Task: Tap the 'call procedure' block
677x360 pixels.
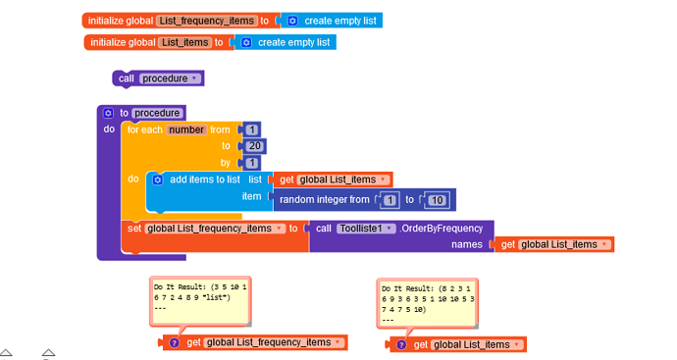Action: click(127, 78)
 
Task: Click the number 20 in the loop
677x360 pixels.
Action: click(255, 146)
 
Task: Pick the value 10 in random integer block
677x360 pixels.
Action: click(438, 200)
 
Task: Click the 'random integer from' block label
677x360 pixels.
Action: click(324, 200)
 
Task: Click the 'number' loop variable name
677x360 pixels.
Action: click(186, 129)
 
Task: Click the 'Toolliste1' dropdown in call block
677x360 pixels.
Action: click(366, 229)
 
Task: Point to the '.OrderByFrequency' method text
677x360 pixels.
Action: click(442, 229)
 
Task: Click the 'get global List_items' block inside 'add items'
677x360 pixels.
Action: click(335, 180)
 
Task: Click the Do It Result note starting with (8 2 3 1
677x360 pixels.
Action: click(427, 300)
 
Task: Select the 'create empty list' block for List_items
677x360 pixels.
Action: click(286, 42)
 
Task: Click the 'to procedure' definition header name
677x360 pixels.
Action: click(157, 113)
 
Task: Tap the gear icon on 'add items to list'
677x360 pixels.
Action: click(157, 180)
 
